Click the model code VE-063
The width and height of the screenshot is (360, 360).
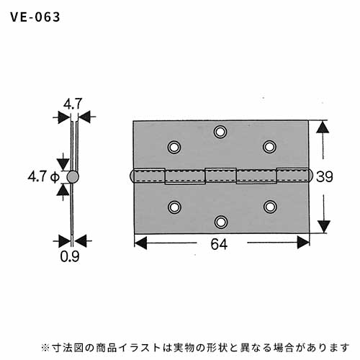tap(35, 17)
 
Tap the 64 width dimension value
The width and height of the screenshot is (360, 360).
tap(219, 244)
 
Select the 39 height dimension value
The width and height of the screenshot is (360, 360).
tap(325, 176)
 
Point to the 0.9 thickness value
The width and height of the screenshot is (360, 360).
tap(70, 256)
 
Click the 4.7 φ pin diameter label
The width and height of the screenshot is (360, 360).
tap(44, 177)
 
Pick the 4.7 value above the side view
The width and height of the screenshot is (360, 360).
tap(73, 104)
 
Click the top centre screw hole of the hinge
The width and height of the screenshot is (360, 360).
tap(220, 132)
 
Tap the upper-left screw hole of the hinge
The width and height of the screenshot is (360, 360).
tap(174, 147)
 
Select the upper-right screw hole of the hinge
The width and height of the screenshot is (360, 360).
tap(269, 146)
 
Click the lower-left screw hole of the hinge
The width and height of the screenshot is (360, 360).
tap(174, 207)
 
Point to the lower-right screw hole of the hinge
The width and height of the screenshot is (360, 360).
tap(270, 207)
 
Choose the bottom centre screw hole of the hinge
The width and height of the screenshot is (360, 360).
tap(221, 222)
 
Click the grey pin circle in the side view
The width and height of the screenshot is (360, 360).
tap(73, 177)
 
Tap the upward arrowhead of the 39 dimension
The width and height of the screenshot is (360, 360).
tap(323, 127)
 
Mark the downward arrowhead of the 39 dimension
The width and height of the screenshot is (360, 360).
tap(324, 227)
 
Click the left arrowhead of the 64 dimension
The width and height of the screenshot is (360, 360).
tap(140, 243)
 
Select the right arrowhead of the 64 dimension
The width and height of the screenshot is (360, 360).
tap(303, 243)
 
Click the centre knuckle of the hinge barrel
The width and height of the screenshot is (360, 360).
tap(221, 175)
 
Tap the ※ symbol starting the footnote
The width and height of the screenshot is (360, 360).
tap(45, 348)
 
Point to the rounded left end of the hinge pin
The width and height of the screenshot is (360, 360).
tap(131, 176)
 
